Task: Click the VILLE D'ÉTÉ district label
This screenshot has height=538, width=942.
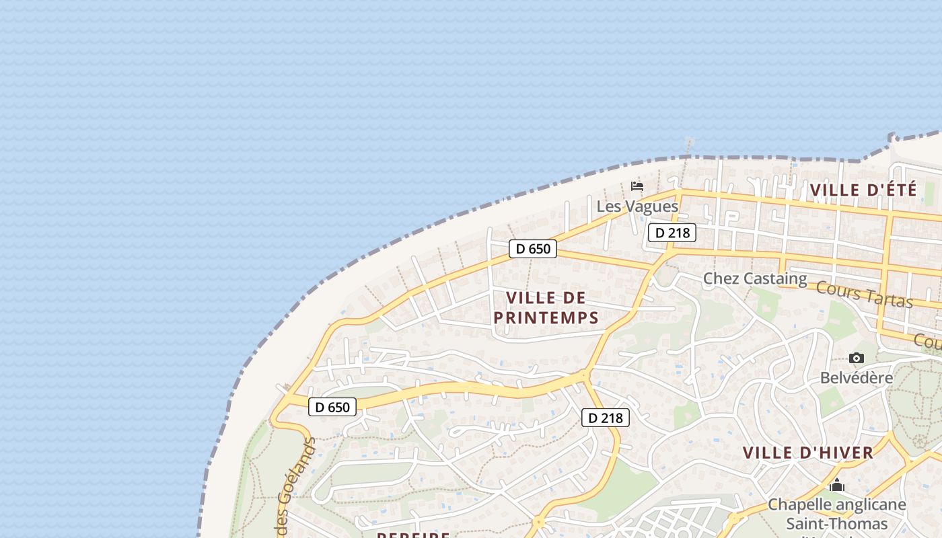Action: coord(863,190)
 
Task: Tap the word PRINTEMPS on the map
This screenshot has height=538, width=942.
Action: coord(546,318)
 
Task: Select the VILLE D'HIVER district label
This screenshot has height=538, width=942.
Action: coord(808,453)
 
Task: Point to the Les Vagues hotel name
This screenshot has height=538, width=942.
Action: coord(637,206)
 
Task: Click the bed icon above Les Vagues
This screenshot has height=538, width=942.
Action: coord(637,186)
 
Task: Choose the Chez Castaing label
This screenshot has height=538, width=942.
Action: coord(755,278)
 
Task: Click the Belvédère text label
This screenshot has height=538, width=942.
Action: coord(856,377)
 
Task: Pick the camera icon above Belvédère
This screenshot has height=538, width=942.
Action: coord(856,358)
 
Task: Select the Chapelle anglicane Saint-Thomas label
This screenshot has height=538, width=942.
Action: coord(837,513)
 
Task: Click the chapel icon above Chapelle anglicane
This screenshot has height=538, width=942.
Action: coord(837,485)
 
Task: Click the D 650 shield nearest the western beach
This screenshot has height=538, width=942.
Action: coord(332,407)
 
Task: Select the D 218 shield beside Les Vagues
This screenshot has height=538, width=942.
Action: coord(672,233)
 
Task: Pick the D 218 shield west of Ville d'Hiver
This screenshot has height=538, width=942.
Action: coord(606,418)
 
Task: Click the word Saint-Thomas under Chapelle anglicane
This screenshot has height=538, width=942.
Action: coord(837,523)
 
